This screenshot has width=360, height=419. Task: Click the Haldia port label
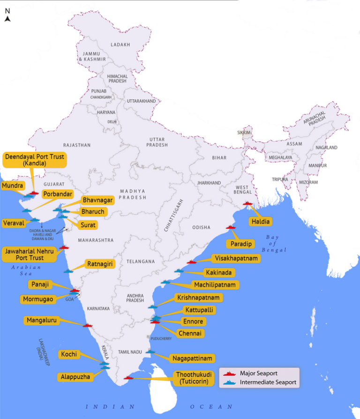(260, 221)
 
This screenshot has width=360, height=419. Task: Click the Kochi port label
(69, 354)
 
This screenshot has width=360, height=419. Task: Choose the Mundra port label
(12, 186)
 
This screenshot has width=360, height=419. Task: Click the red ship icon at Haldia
(248, 204)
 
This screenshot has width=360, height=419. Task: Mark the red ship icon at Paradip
(231, 227)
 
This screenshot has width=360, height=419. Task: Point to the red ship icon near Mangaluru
(88, 325)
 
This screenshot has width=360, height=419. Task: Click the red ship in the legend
(229, 374)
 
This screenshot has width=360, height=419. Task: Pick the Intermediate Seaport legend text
(268, 382)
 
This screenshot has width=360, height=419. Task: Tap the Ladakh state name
(120, 45)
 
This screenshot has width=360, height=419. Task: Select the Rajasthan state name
(77, 145)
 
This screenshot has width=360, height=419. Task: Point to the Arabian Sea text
(27, 270)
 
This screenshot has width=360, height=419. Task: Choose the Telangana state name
(141, 261)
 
